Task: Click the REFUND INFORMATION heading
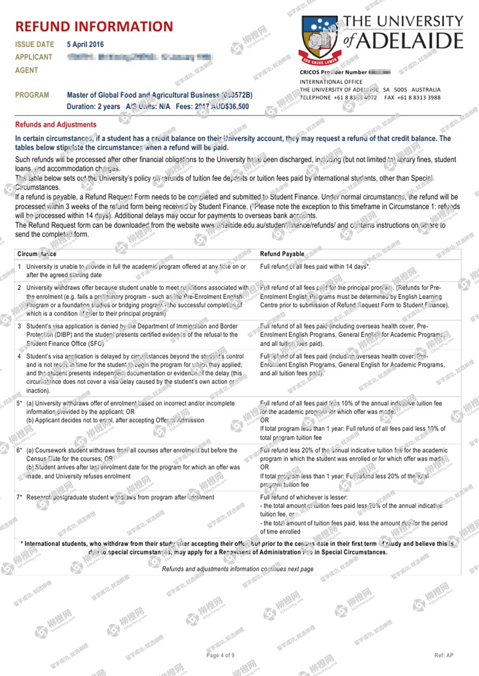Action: point(94,27)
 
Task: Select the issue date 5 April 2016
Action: point(85,44)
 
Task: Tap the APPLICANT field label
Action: point(34,57)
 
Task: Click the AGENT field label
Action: point(26,70)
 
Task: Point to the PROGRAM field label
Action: point(32,95)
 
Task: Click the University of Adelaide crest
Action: point(320,39)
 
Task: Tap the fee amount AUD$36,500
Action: point(230,107)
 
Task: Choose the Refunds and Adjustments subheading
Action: point(56,125)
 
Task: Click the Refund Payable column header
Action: point(282,254)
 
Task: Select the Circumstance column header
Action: point(37,254)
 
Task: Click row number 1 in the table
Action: point(20,267)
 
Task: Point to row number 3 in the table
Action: point(20,326)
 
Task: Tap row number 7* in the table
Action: point(20,497)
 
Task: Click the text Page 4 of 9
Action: point(220,655)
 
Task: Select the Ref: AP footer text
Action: point(444,655)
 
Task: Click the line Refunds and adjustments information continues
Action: point(237,569)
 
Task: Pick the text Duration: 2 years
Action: point(93,107)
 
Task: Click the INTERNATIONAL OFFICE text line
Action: point(331,82)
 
